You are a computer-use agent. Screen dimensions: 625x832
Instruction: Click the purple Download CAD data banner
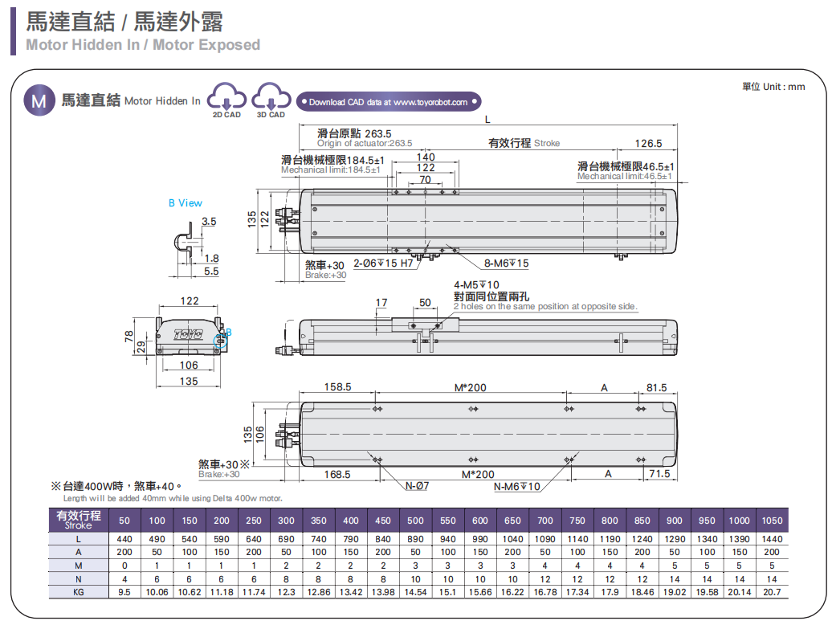(389, 102)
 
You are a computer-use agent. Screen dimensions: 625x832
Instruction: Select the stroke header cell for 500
(415, 521)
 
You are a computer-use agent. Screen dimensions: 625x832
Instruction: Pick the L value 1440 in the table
(771, 539)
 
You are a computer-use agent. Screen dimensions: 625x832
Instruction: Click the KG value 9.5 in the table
(124, 592)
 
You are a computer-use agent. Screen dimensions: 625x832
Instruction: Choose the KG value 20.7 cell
(771, 592)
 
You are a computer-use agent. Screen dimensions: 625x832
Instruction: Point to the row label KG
(79, 592)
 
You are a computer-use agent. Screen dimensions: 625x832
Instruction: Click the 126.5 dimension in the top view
(648, 144)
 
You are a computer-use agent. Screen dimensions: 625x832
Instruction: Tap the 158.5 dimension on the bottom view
(337, 387)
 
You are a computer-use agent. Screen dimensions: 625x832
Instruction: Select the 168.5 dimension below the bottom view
(337, 474)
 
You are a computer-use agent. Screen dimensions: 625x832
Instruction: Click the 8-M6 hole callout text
(506, 263)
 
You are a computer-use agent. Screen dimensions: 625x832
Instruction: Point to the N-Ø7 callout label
(418, 486)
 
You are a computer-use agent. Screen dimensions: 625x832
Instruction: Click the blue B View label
(186, 203)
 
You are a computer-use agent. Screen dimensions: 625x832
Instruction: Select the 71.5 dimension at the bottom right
(659, 474)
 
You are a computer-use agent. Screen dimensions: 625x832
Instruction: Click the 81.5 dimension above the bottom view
(657, 387)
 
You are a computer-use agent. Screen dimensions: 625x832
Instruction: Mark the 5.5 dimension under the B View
(211, 272)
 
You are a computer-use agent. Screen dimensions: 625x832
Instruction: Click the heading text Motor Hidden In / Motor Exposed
(143, 45)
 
